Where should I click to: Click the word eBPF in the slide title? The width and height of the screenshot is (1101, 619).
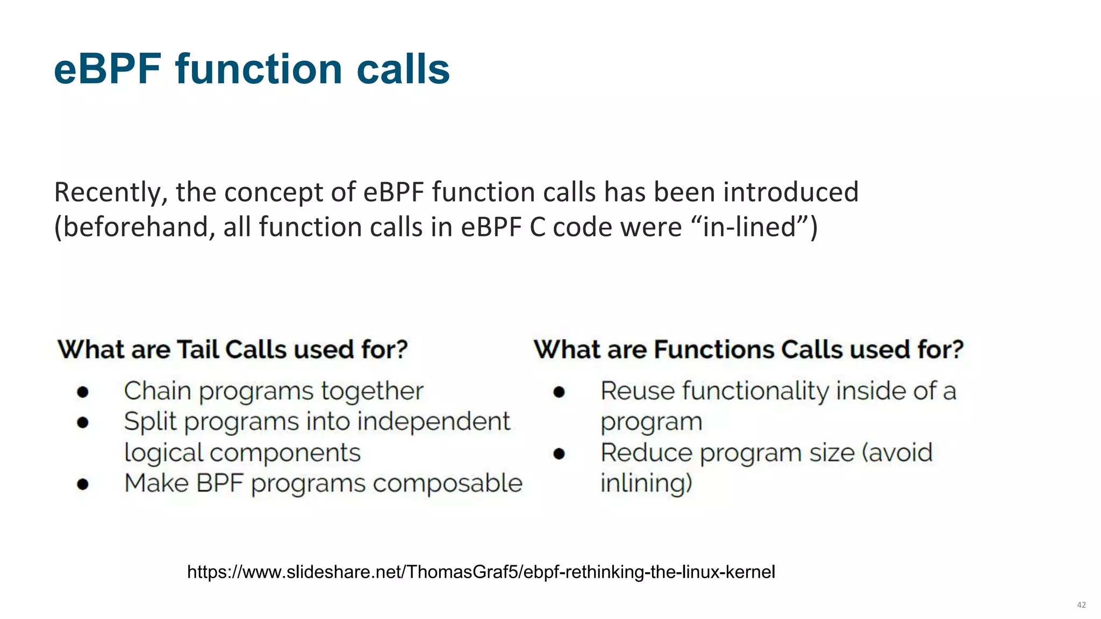coord(108,70)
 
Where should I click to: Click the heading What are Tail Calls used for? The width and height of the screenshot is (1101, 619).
coord(233,350)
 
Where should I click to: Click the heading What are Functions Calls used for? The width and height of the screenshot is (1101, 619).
coord(748,350)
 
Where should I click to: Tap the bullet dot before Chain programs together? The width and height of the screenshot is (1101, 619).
coord(82,392)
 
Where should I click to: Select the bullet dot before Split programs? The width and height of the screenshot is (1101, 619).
coord(82,422)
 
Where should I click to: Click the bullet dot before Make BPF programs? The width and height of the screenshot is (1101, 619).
coord(82,484)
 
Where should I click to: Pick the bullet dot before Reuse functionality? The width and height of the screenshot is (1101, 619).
coord(559,392)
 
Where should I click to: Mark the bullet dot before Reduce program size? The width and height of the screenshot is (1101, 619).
coord(559,454)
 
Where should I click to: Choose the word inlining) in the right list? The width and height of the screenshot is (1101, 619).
coord(646,483)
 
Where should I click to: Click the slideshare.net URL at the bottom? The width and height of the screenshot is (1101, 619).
coord(481,572)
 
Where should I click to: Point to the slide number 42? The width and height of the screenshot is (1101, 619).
coord(1081,605)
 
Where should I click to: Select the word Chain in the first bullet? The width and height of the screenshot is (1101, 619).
coord(157,391)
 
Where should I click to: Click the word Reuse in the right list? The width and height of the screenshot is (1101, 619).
coord(638,391)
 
